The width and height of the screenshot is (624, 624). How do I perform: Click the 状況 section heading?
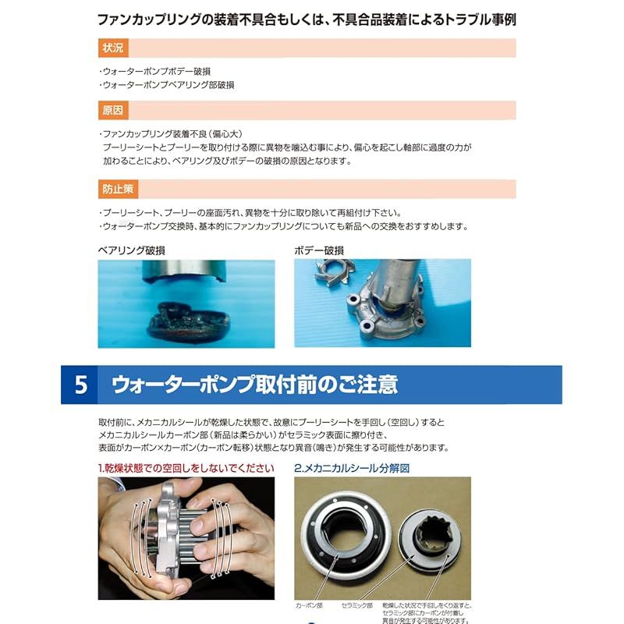click(113, 48)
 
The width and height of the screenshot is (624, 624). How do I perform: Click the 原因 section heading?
click(113, 110)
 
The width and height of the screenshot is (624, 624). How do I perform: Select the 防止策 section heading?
click(117, 190)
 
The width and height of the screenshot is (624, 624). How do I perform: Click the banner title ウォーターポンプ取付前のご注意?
click(254, 385)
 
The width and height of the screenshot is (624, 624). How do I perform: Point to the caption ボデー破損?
click(319, 250)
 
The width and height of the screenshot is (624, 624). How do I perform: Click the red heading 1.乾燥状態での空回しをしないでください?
click(186, 468)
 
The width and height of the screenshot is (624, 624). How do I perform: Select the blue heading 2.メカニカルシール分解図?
click(352, 468)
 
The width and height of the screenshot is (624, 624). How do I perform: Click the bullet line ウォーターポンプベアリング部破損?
click(167, 84)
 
